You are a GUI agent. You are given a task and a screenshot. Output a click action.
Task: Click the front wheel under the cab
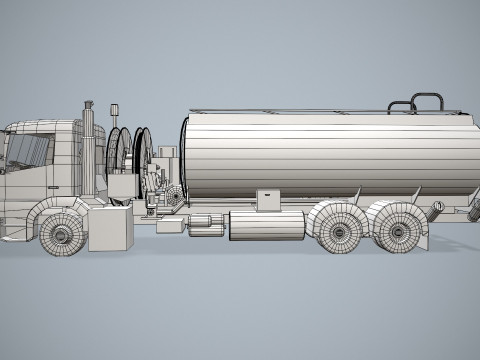62,234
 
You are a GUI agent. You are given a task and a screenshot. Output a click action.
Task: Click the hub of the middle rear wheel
341,229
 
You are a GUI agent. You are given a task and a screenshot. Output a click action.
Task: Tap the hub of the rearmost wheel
400,230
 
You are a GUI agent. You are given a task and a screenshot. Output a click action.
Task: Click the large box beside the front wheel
111,229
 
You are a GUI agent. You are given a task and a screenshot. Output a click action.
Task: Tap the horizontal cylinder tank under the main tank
266,225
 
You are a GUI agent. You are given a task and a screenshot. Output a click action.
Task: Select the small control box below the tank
269,200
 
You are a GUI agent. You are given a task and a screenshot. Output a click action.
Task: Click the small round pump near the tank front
176,196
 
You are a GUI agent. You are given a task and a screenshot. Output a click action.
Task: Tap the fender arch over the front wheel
55,207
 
